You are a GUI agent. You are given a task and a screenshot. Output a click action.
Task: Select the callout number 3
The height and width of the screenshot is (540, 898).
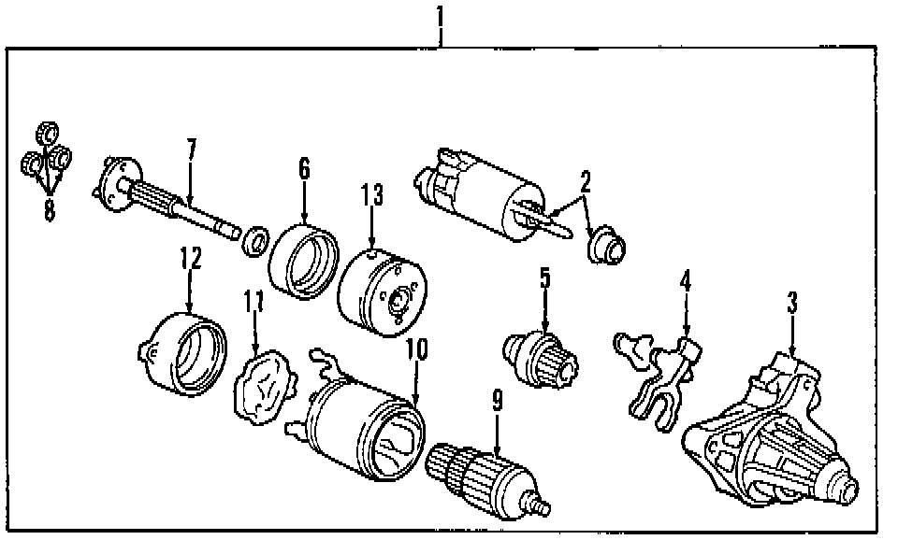(x=792, y=303)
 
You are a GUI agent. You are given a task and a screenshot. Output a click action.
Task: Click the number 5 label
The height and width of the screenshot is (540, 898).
(x=544, y=278)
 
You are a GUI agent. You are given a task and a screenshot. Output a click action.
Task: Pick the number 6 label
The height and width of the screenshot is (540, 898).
(x=304, y=170)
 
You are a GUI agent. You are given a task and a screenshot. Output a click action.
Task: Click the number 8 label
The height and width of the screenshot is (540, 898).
(x=49, y=211)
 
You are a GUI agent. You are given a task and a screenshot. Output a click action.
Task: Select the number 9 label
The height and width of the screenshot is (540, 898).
(x=498, y=402)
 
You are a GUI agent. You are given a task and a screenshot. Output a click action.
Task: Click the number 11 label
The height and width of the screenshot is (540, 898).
(x=254, y=302)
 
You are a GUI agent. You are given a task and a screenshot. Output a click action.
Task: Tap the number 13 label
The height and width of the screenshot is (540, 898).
(x=372, y=196)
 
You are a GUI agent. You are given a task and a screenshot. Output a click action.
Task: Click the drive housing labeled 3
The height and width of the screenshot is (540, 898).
(x=767, y=439)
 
